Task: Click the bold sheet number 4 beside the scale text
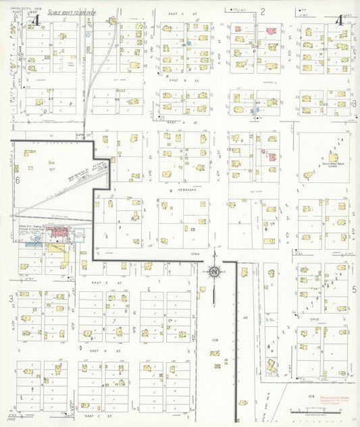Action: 36,20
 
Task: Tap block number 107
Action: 51,168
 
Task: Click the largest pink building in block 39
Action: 272,31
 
